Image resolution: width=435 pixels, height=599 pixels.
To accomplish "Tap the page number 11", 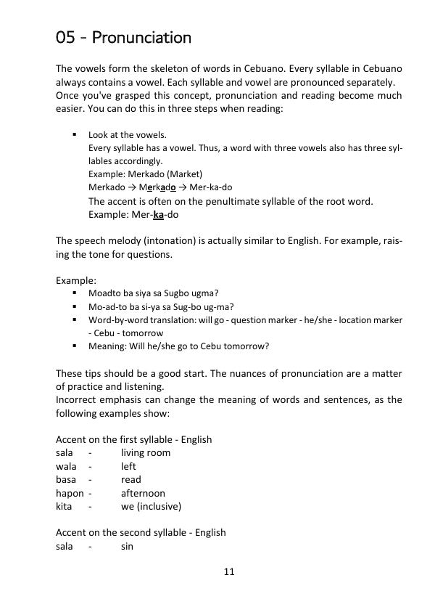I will [229, 572].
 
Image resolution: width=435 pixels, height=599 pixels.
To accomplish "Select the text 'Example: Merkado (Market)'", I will [146, 174].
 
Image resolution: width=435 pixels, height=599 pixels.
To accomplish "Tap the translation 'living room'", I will [146, 453].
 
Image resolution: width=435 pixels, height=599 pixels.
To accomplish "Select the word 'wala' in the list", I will [67, 466].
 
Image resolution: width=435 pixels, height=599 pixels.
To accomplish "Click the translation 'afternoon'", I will [143, 493].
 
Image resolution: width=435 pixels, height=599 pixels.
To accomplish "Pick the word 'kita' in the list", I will [65, 506].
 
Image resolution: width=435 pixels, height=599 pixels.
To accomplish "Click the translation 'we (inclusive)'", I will [151, 506].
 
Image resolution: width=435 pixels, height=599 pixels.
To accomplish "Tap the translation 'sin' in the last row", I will [127, 546].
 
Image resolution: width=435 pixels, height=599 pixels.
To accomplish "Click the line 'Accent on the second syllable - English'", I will [141, 532].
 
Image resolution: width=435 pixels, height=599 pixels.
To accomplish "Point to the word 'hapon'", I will [70, 493].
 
